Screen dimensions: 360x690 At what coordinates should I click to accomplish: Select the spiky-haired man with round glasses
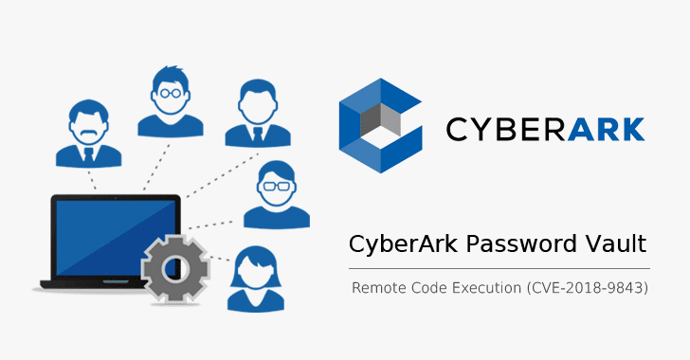(x=172, y=99)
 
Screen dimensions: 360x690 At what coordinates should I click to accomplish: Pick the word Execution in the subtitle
(x=484, y=286)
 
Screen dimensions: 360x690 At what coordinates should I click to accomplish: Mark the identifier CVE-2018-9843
(x=586, y=286)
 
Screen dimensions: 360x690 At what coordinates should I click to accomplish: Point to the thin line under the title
(x=498, y=268)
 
